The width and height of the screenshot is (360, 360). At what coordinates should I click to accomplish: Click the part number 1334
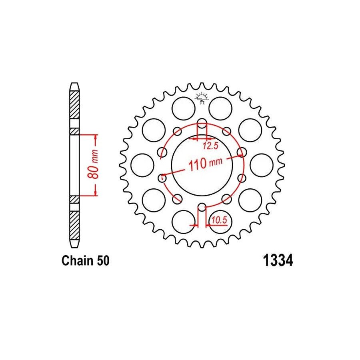pos(277,261)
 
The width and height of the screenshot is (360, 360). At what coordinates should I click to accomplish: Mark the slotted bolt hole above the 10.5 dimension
pos(202,207)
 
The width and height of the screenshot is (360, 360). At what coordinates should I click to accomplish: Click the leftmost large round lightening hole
pos(142,165)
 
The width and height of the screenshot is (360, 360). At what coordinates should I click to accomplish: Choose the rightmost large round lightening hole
pos(262,165)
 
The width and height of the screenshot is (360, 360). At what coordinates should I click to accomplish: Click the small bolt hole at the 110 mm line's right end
pos(241,152)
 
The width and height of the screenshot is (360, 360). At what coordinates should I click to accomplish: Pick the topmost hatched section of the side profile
pos(75,104)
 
